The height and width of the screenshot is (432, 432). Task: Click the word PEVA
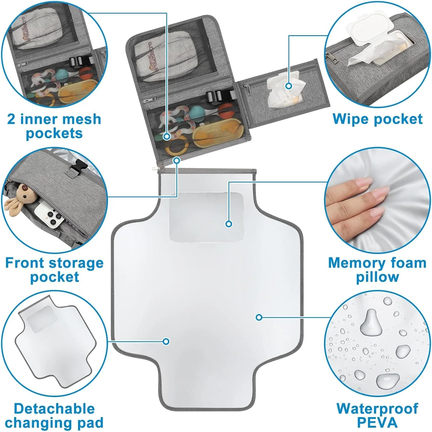tap(377, 422)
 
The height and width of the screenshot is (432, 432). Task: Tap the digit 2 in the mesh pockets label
tap(12, 119)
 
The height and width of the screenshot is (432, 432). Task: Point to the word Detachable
tap(54, 409)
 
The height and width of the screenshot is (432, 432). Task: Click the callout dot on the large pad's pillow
tap(229, 223)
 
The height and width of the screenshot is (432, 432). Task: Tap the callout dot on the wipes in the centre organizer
tap(289, 86)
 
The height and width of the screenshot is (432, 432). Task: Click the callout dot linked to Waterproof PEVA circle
tap(259, 317)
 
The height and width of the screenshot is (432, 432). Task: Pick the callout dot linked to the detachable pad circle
tap(166, 341)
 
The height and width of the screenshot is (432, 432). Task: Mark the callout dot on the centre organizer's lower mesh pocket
tap(167, 136)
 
